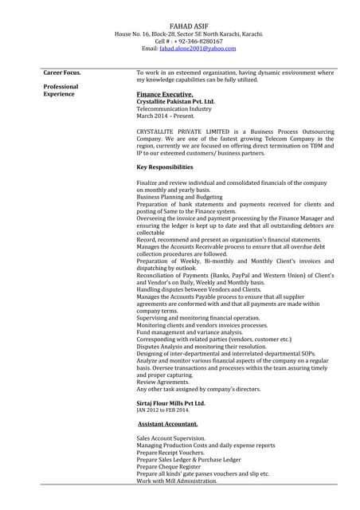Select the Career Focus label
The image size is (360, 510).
(61, 73)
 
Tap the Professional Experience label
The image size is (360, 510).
(61, 90)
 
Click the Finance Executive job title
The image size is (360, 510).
(165, 94)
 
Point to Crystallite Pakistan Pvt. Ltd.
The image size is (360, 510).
(175, 101)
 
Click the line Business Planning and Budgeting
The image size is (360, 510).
(182, 196)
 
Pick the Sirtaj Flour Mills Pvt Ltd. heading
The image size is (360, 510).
(170, 404)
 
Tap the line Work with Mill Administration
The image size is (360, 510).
(177, 481)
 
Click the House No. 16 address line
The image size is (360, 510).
(188, 33)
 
